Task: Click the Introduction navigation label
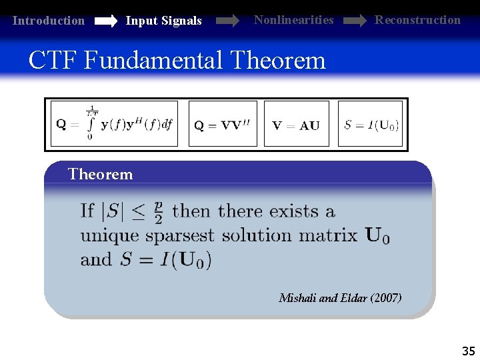(x=49, y=21)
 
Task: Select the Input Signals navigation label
(x=163, y=21)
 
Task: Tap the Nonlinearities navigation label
(x=293, y=20)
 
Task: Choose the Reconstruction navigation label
(x=417, y=20)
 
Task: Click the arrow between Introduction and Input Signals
(x=105, y=21)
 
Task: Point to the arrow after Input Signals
(x=227, y=21)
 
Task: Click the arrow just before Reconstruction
(x=354, y=21)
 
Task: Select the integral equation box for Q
(x=115, y=124)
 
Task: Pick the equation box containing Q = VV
(x=222, y=124)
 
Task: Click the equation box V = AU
(x=296, y=124)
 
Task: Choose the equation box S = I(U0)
(x=371, y=124)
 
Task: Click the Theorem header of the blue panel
(x=101, y=175)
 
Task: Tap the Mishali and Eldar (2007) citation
(x=340, y=298)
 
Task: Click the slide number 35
(x=469, y=351)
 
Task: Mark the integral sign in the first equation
(x=90, y=125)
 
